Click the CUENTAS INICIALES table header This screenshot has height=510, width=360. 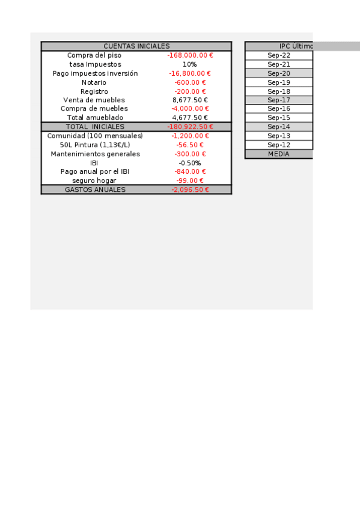pos(136,46)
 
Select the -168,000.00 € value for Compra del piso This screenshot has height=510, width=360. pos(190,55)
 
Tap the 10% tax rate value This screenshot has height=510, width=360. pos(190,64)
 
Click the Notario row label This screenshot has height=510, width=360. pos(94,82)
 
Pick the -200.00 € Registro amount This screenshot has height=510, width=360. pos(190,91)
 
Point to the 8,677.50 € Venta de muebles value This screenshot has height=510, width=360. pos(190,100)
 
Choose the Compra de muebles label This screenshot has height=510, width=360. pos(94,109)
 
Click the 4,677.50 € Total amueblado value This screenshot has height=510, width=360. pos(190,118)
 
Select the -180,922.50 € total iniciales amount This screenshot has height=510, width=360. pos(190,127)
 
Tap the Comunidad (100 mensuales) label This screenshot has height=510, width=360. pos(95,136)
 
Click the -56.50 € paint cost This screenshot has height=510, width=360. pos(190,145)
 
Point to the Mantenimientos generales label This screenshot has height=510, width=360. pos(95,154)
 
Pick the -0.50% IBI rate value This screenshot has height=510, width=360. pos(190,163)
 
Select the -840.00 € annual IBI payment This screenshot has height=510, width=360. pos(190,171)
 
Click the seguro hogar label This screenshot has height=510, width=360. pos(94,180)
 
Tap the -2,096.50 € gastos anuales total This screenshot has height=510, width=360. pos(190,189)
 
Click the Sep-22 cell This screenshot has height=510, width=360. pos(279,55)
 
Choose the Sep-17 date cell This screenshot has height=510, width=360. pos(279,100)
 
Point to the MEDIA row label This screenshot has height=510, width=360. pos(279,154)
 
